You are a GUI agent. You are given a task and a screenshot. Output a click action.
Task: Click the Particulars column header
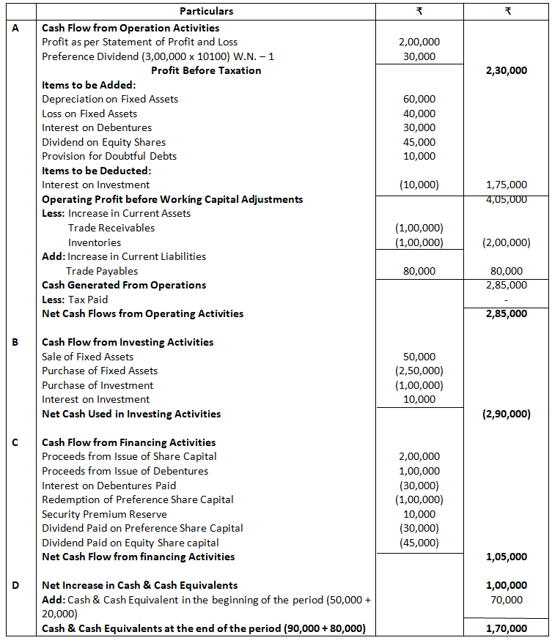click(206, 11)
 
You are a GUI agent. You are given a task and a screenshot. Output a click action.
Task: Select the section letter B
click(16, 342)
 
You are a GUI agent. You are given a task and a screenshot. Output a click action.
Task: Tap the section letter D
click(16, 585)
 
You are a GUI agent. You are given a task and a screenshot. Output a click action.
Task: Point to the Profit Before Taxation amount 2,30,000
click(506, 71)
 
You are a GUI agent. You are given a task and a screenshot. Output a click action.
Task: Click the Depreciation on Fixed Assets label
click(110, 99)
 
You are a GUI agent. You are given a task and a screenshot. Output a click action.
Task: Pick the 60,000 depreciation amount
click(419, 99)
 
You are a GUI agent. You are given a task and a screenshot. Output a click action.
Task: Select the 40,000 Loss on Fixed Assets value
click(419, 114)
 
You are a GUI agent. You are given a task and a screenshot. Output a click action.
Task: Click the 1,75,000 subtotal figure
click(506, 185)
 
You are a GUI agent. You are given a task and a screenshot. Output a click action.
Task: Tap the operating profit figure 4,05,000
click(506, 199)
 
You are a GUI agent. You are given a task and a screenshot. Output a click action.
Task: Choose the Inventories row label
click(95, 242)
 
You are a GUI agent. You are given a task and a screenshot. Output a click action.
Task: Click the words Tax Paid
click(87, 300)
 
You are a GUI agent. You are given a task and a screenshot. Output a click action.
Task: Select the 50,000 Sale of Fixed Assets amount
click(419, 357)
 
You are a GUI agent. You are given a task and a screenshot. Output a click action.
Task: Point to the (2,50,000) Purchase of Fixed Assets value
click(419, 371)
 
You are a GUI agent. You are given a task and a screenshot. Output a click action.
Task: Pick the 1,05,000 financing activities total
click(506, 557)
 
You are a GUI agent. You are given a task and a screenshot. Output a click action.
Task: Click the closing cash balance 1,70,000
click(506, 628)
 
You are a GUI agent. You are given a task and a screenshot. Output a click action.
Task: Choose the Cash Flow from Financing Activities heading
click(129, 442)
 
